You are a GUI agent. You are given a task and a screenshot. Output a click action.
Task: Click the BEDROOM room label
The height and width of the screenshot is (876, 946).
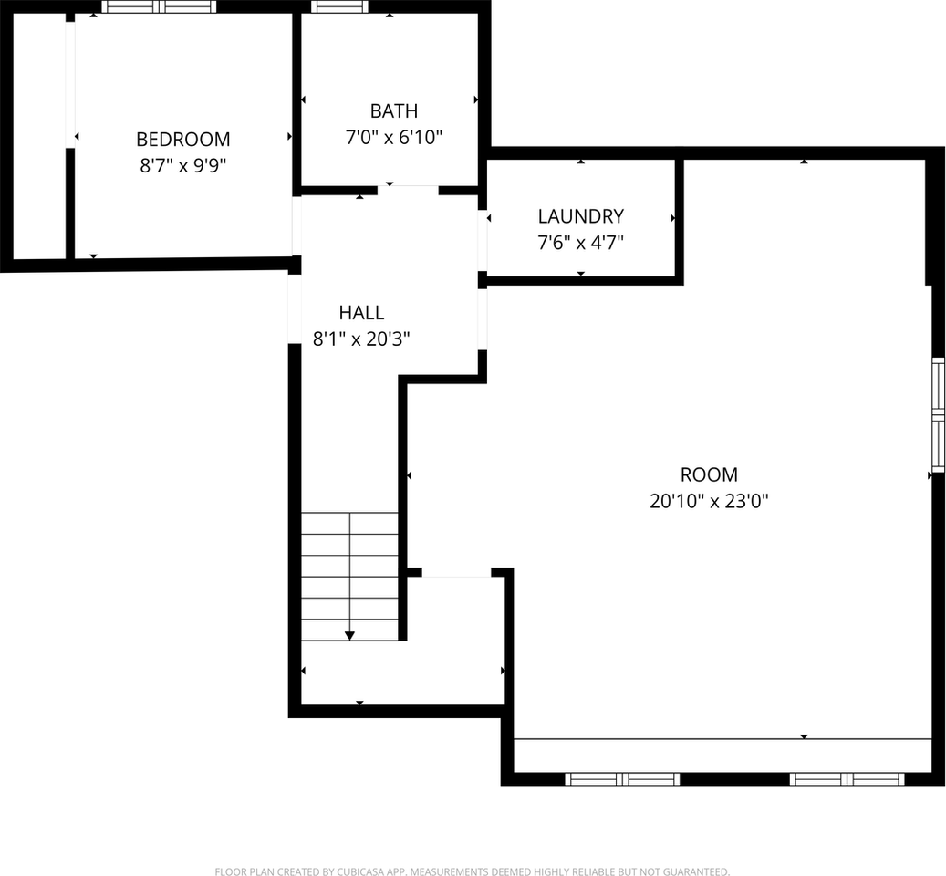[x=182, y=140]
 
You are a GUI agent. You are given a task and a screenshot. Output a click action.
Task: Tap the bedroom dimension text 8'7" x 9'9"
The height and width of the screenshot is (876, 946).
[x=182, y=166]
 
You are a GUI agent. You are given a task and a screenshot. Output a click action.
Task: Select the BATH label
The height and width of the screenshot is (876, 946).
[x=393, y=111]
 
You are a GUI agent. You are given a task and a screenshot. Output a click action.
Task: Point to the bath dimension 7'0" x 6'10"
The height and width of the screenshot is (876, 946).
[x=393, y=138]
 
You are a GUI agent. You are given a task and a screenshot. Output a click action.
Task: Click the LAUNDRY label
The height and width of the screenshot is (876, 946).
[x=580, y=216]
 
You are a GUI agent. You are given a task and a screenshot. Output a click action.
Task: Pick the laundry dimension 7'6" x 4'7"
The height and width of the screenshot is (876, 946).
[x=580, y=243]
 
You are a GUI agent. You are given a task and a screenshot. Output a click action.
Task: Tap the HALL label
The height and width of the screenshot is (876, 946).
[x=361, y=313]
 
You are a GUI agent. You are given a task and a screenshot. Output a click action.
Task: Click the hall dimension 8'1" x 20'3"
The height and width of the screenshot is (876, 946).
[x=361, y=339]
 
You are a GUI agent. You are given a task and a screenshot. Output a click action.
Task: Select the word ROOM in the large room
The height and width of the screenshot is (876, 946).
[x=709, y=474]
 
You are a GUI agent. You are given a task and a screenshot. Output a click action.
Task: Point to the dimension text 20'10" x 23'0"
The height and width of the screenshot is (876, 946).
[x=709, y=501]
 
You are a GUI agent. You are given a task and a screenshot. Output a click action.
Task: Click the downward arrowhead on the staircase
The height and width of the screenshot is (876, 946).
[x=349, y=634]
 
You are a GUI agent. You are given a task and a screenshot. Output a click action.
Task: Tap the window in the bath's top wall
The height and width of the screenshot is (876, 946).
[x=339, y=7]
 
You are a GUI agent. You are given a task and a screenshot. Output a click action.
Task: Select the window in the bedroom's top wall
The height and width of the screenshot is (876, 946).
[x=159, y=7]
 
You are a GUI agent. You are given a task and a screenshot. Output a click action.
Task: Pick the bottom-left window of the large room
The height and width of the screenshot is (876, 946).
[x=623, y=779]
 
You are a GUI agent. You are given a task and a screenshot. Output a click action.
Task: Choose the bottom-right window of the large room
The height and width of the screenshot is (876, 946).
[x=847, y=779]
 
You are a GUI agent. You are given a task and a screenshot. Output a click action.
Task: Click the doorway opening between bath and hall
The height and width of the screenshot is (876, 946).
[x=408, y=190]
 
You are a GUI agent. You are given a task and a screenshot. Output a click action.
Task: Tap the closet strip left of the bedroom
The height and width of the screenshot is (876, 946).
[x=39, y=137]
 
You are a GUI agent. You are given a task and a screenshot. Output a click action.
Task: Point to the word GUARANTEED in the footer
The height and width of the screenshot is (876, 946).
[x=692, y=871]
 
